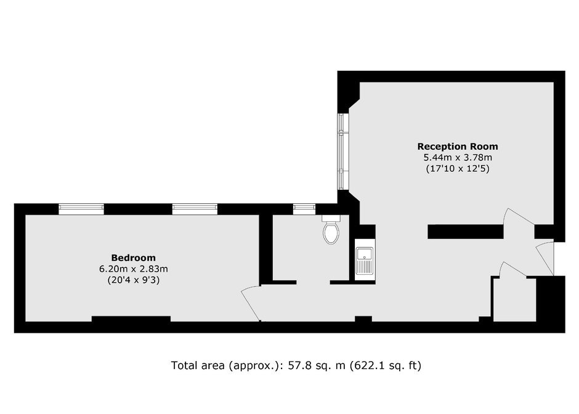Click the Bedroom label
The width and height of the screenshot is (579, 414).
pos(133,258)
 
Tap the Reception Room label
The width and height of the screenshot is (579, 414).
pos(458,146)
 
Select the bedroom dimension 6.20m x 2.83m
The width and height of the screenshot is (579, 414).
pos(133,269)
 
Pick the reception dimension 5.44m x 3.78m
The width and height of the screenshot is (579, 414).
pos(458,157)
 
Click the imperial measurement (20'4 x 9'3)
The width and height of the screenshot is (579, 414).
pos(133,280)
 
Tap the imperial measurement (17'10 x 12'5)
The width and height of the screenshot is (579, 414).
pos(458,169)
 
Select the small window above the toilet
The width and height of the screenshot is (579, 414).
pos(304,209)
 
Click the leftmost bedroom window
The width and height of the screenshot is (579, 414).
pos(81,209)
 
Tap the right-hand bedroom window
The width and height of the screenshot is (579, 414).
pos(195,209)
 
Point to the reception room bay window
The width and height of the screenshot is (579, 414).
pos(344,152)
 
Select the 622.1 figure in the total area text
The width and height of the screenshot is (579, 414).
pos(367,365)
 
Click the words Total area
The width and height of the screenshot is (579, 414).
pos(198,365)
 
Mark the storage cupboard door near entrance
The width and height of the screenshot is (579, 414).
pos(512,269)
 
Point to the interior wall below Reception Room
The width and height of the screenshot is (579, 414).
pos(465,232)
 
